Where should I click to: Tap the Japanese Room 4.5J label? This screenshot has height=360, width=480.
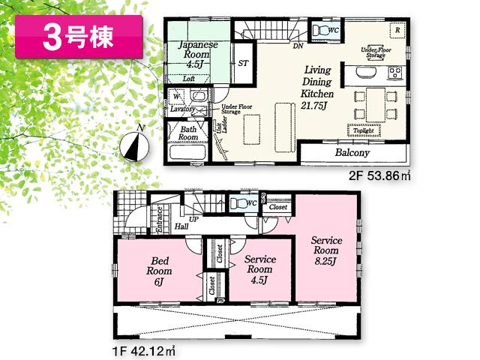198,54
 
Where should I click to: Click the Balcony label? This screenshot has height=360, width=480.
352,152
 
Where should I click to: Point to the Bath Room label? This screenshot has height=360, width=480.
188,133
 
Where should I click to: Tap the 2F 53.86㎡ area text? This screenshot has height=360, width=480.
379,178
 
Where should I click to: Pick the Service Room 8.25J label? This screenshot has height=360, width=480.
327,251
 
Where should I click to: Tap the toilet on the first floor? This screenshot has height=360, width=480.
238,203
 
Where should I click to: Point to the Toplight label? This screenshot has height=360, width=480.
363,130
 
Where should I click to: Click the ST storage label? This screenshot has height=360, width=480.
243,64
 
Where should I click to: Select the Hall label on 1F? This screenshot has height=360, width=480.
181,226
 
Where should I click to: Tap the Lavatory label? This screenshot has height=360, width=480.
182,109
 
